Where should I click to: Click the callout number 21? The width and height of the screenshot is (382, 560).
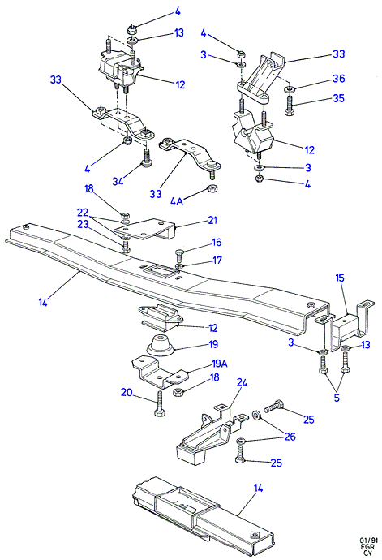pyautogui.click(x=212, y=220)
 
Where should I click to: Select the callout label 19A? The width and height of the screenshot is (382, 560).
pyautogui.click(x=220, y=364)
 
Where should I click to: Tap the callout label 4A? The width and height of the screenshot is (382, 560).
pyautogui.click(x=176, y=201)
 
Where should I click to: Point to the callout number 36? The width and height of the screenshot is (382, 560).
pyautogui.click(x=339, y=79)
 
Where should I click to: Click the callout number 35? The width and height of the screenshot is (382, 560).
pyautogui.click(x=338, y=98)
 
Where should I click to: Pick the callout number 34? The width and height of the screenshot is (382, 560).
pyautogui.click(x=118, y=181)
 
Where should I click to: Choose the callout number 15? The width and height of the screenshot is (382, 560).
pyautogui.click(x=340, y=278)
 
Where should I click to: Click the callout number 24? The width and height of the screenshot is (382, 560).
pyautogui.click(x=242, y=382)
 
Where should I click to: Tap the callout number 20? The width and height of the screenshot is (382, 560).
pyautogui.click(x=127, y=393)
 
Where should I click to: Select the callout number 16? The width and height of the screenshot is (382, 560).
pyautogui.click(x=217, y=242)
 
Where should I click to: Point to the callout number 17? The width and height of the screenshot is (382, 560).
pyautogui.click(x=217, y=260)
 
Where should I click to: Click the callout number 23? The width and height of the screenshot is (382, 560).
pyautogui.click(x=83, y=223)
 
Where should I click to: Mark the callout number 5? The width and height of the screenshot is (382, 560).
pyautogui.click(x=337, y=397)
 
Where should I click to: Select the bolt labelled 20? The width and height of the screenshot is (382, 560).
pyautogui.click(x=159, y=403)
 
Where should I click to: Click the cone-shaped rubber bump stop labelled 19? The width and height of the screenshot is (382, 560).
pyautogui.click(x=160, y=346)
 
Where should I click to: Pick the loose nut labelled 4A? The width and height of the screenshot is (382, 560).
pyautogui.click(x=213, y=187)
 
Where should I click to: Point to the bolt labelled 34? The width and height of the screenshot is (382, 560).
pyautogui.click(x=146, y=159)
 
